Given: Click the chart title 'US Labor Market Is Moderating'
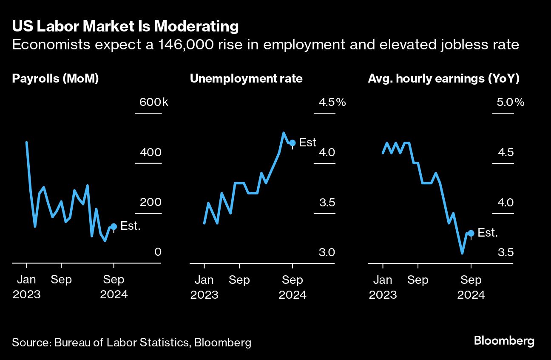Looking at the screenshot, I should pyautogui.click(x=125, y=26).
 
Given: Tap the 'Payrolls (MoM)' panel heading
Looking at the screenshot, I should pyautogui.click(x=55, y=79).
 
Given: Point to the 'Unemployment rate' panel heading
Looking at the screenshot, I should pyautogui.click(x=246, y=79).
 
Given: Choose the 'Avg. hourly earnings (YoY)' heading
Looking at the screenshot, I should pyautogui.click(x=444, y=79).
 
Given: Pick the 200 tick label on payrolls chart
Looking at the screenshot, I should pyautogui.click(x=151, y=203).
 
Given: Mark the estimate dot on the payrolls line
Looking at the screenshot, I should pyautogui.click(x=114, y=227).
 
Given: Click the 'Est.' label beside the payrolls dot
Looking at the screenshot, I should pyautogui.click(x=131, y=226).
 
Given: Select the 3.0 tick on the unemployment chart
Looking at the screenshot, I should pyautogui.click(x=327, y=252).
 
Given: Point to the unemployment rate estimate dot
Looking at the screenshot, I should pyautogui.click(x=292, y=143).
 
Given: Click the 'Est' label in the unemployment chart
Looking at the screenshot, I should pyautogui.click(x=308, y=142).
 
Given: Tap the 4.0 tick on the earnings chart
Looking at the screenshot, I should pyautogui.click(x=506, y=203).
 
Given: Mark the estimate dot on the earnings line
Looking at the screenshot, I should pyautogui.click(x=471, y=233).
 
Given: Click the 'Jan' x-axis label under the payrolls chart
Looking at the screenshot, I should pyautogui.click(x=26, y=280).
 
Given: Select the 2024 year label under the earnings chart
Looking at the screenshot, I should pyautogui.click(x=471, y=295).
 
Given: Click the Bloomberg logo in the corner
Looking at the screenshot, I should pyautogui.click(x=504, y=341).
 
